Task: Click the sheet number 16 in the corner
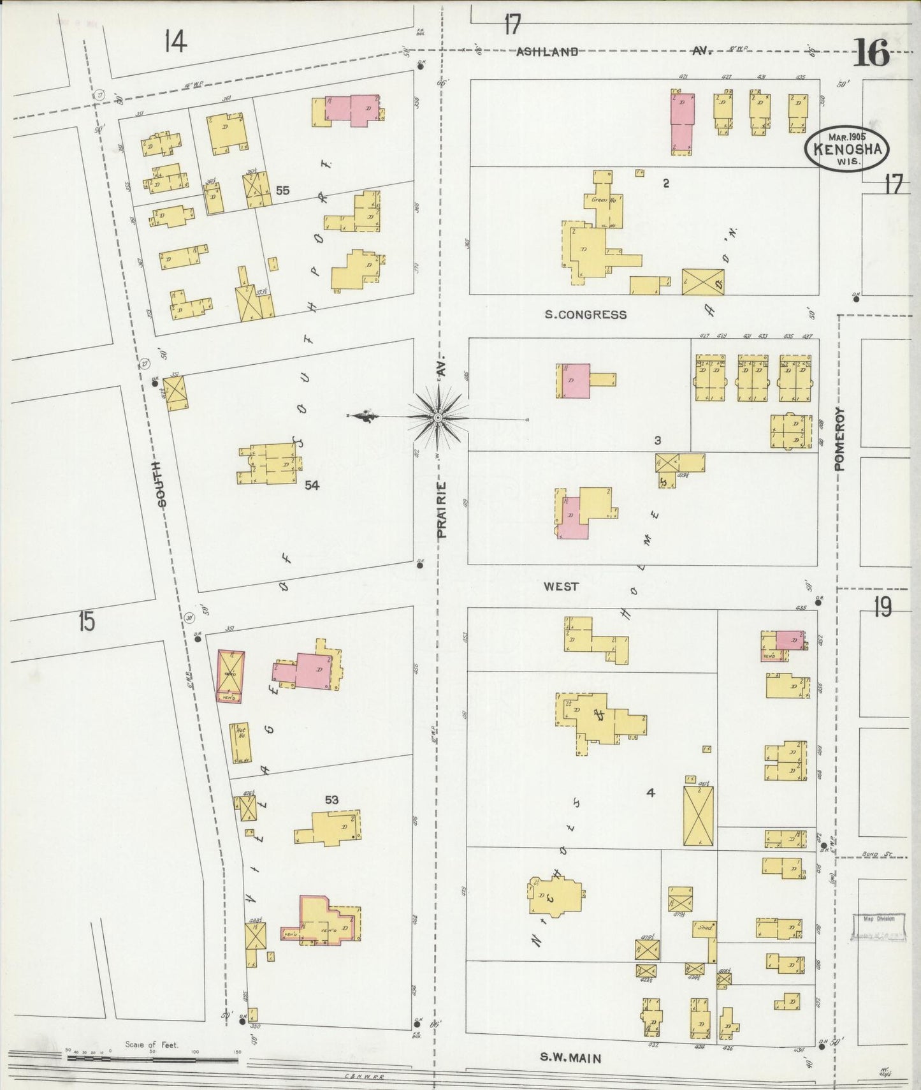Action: tap(871, 52)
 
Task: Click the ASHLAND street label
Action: tap(547, 52)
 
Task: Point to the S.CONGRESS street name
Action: tap(585, 314)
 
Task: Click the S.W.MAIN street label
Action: tap(570, 1057)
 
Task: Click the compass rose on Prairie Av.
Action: tap(439, 417)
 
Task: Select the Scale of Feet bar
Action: tap(153, 1059)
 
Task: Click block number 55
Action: tap(282, 191)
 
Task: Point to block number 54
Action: tap(311, 485)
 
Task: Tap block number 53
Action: tap(331, 800)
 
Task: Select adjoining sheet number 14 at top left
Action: tap(175, 42)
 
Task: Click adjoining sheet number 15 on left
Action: tap(87, 621)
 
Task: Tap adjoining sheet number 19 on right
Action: tap(882, 608)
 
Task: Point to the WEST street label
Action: tap(562, 586)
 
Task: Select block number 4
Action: tap(650, 793)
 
